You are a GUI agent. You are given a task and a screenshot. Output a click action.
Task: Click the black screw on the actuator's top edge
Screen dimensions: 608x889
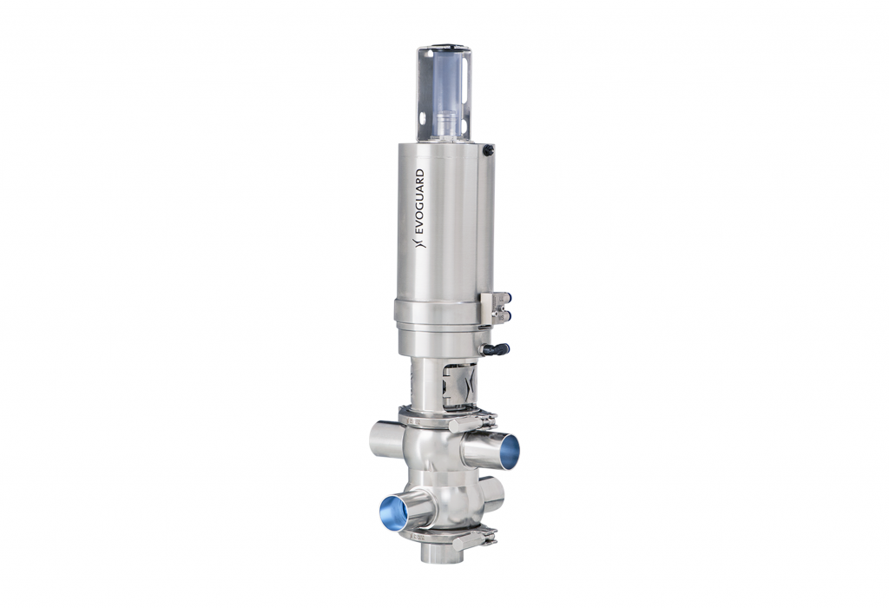click(x=489, y=150)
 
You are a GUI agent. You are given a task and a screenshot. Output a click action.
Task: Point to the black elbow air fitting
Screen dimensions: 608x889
click(x=496, y=349)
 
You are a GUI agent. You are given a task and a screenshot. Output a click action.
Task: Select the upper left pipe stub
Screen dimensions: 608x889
click(x=385, y=440)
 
